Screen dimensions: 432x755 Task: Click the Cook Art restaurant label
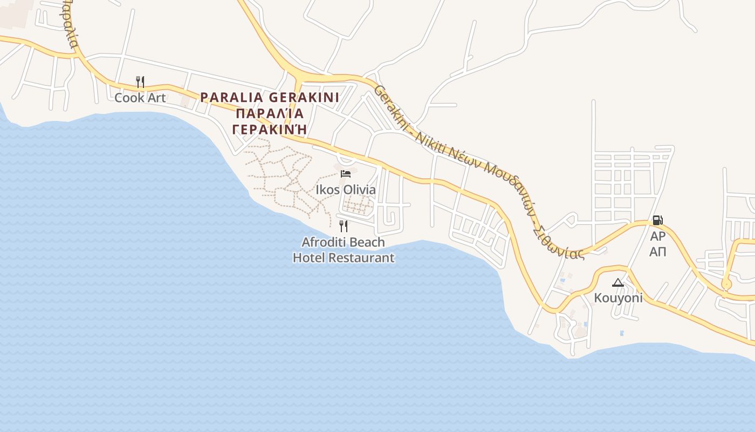point(140,98)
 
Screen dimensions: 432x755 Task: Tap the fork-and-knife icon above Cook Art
point(140,82)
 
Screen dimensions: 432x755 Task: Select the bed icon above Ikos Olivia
point(346,173)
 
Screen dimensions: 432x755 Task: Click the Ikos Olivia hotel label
point(346,190)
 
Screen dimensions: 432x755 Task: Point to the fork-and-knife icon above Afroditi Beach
point(344,226)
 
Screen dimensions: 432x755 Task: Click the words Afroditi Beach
point(344,241)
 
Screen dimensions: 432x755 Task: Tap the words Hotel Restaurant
point(344,258)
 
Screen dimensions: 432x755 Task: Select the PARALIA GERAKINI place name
point(270,98)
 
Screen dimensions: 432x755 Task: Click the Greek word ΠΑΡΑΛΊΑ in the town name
point(270,113)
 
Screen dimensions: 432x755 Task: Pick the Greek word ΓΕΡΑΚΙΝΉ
point(270,129)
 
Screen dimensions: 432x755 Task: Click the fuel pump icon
point(657,220)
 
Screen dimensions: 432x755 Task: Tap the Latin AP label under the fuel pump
point(657,236)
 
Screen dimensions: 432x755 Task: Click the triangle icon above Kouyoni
point(618,282)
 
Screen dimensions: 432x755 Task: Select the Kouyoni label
point(618,298)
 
